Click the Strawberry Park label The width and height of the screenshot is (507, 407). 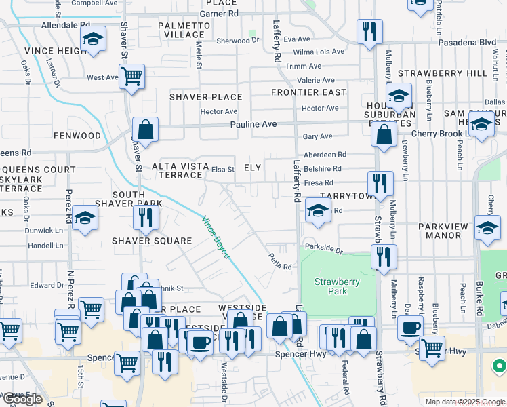click(x=336, y=286)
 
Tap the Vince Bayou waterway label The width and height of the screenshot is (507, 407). click(x=216, y=237)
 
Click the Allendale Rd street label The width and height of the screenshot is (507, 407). click(x=66, y=24)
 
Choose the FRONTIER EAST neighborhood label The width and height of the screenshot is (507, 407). click(x=308, y=92)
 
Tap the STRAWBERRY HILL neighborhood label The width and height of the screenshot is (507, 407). click(x=443, y=73)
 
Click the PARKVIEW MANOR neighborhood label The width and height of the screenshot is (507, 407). click(x=439, y=231)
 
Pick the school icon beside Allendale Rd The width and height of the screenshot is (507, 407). click(x=93, y=39)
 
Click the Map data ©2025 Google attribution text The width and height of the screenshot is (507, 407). click(x=465, y=402)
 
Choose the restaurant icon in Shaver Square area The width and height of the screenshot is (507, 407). click(x=146, y=217)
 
